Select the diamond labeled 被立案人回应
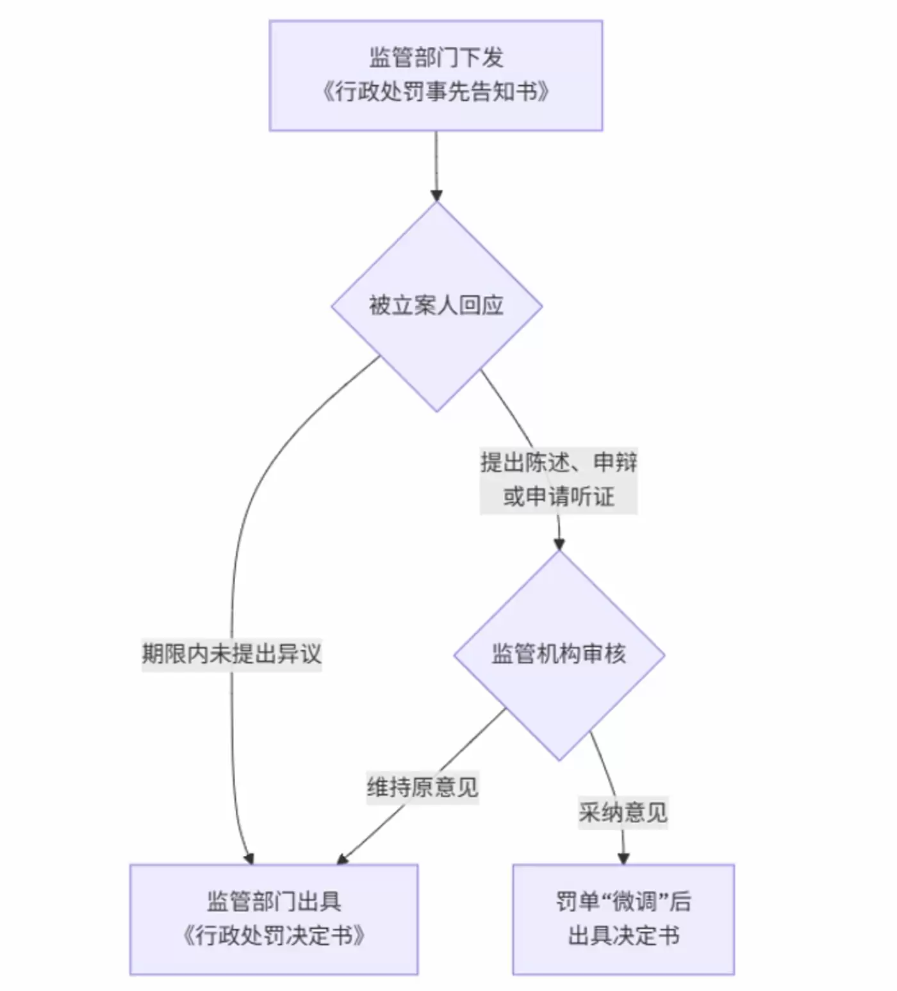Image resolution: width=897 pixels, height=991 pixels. pyautogui.click(x=436, y=306)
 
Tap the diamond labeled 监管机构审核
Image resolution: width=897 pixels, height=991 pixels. pyautogui.click(x=559, y=654)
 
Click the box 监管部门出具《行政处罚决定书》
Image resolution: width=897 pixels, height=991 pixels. pyautogui.click(x=274, y=919)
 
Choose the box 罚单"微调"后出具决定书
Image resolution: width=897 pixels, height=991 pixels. pyautogui.click(x=623, y=919)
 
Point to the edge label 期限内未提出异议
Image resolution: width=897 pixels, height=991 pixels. pyautogui.click(x=231, y=654)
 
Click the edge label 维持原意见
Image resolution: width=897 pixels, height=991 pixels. pyautogui.click(x=422, y=787)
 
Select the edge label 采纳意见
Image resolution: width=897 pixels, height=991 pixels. pyautogui.click(x=623, y=813)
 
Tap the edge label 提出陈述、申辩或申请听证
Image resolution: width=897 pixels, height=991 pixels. pyautogui.click(x=559, y=479)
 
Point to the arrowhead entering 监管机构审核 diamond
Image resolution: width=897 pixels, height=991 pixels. pyautogui.click(x=559, y=543)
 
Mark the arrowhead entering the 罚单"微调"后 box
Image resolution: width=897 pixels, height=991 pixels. pyautogui.click(x=623, y=858)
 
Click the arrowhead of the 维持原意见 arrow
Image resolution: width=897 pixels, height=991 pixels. pyautogui.click(x=343, y=858)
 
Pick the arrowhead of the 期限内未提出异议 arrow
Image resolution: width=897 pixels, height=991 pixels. pyautogui.click(x=249, y=858)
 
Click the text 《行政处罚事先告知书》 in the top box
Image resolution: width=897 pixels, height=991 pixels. pyautogui.click(x=436, y=92)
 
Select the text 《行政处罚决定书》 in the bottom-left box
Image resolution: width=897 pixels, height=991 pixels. pyautogui.click(x=274, y=936)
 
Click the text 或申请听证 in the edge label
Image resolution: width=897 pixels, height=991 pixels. pyautogui.click(x=559, y=496)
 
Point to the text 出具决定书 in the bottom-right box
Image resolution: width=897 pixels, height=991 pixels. pyautogui.click(x=623, y=936)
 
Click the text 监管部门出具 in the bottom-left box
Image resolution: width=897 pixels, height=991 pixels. pyautogui.click(x=274, y=902)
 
